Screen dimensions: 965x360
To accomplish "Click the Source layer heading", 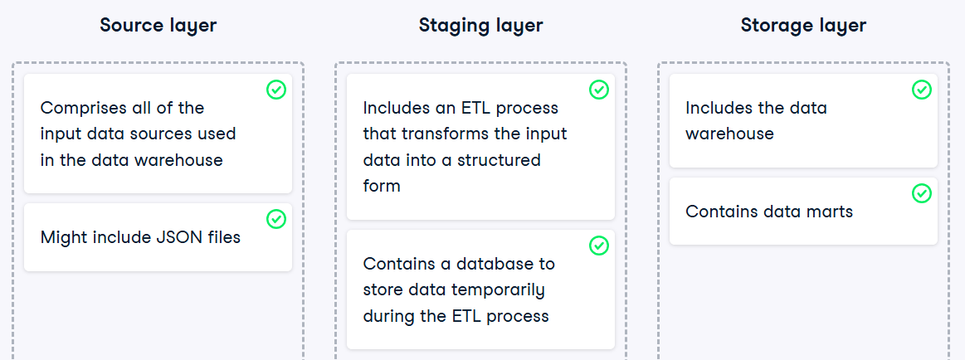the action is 158,25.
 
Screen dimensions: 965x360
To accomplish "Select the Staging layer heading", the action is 480,25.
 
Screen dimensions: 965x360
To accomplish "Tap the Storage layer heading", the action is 803,25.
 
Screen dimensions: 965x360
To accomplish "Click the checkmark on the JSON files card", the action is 276,219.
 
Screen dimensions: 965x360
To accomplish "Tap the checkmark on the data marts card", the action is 921,193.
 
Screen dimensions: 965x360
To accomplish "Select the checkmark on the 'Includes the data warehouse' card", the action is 921,90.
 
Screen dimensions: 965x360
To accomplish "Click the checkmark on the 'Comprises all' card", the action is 276,90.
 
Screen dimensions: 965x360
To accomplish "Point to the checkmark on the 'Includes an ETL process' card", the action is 599,90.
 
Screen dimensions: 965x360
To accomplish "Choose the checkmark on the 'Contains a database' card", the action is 599,246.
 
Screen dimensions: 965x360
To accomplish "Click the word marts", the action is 831,212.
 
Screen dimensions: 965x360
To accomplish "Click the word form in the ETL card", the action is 382,186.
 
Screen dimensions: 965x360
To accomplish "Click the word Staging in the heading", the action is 454,26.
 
